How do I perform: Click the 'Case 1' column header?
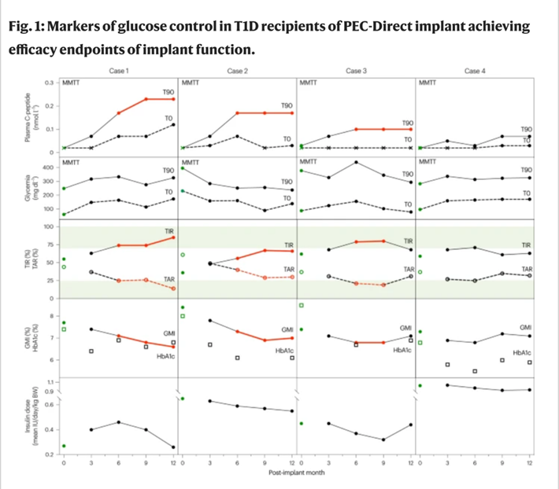click(x=120, y=71)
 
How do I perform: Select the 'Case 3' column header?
click(x=356, y=71)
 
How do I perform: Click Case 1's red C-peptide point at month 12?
click(x=172, y=99)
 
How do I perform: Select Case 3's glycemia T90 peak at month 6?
click(x=357, y=162)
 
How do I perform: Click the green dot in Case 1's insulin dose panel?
click(x=64, y=446)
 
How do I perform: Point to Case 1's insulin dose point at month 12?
click(x=172, y=447)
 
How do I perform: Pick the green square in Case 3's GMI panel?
click(x=301, y=304)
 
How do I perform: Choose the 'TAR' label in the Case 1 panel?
click(x=168, y=278)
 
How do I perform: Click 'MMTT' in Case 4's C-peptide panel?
click(x=428, y=83)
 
